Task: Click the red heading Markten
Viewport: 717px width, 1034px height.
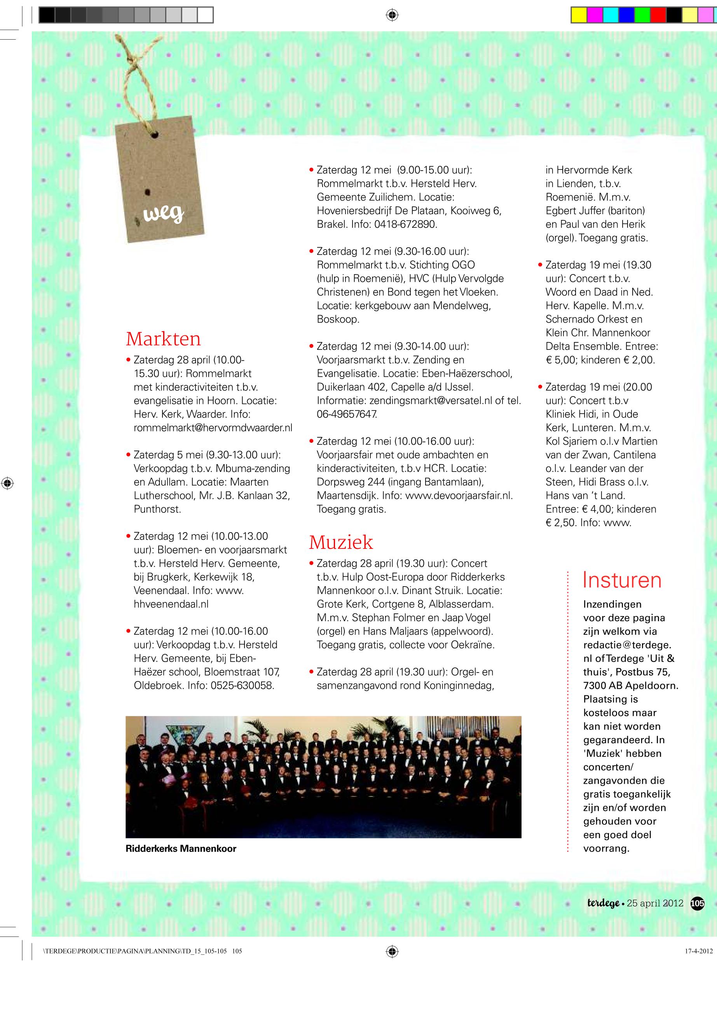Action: tap(163, 339)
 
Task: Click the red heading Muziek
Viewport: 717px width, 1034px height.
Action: tap(340, 542)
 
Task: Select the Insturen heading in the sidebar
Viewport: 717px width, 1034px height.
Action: tap(621, 580)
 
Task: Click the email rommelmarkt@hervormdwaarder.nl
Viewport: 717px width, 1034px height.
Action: tap(213, 428)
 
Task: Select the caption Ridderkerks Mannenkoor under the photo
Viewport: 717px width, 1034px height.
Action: tap(181, 849)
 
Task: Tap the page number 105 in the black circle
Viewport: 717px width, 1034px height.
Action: tap(697, 903)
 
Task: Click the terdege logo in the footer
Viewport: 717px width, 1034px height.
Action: tap(603, 903)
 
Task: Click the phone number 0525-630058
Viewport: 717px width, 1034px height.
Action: tap(242, 686)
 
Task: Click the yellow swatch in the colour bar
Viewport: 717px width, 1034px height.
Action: tap(579, 15)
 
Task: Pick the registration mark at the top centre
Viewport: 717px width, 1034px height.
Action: tap(392, 15)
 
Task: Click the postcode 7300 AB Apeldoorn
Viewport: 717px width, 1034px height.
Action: tap(630, 686)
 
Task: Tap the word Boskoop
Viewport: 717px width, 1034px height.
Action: tap(337, 320)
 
